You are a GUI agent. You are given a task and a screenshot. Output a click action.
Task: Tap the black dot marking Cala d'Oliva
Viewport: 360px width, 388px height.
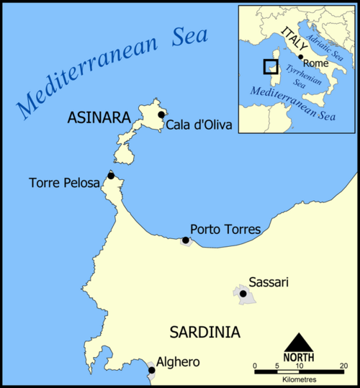(x=161, y=114)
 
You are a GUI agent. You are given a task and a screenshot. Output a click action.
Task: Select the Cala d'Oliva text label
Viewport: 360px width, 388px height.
(x=199, y=125)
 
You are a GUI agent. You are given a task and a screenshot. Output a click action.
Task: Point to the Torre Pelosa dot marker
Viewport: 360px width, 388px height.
(x=111, y=176)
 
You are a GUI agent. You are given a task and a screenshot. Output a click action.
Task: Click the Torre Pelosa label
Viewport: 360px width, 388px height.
(x=65, y=184)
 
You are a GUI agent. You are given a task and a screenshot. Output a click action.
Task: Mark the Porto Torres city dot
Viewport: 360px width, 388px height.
(x=186, y=240)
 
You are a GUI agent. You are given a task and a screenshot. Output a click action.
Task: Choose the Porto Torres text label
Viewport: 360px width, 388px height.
(x=225, y=229)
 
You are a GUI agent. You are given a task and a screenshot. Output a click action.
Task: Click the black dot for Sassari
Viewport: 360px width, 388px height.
(x=243, y=294)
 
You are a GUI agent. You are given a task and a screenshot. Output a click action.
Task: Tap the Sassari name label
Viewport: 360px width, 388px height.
(x=268, y=282)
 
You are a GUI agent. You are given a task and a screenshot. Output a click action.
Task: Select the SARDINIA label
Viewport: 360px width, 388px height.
(x=204, y=332)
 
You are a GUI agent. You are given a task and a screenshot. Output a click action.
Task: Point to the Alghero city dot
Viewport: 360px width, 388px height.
(x=151, y=371)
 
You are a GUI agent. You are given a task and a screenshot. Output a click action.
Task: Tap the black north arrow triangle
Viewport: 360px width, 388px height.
(x=301, y=343)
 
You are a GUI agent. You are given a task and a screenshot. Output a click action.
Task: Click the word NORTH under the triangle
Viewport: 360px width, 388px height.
(x=301, y=357)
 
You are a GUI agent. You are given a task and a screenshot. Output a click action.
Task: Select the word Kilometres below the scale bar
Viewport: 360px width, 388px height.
(x=301, y=379)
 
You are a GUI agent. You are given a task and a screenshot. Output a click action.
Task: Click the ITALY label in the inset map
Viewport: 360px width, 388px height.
(x=295, y=35)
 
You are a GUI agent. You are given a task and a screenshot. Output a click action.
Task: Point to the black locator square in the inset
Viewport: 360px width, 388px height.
(x=270, y=66)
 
